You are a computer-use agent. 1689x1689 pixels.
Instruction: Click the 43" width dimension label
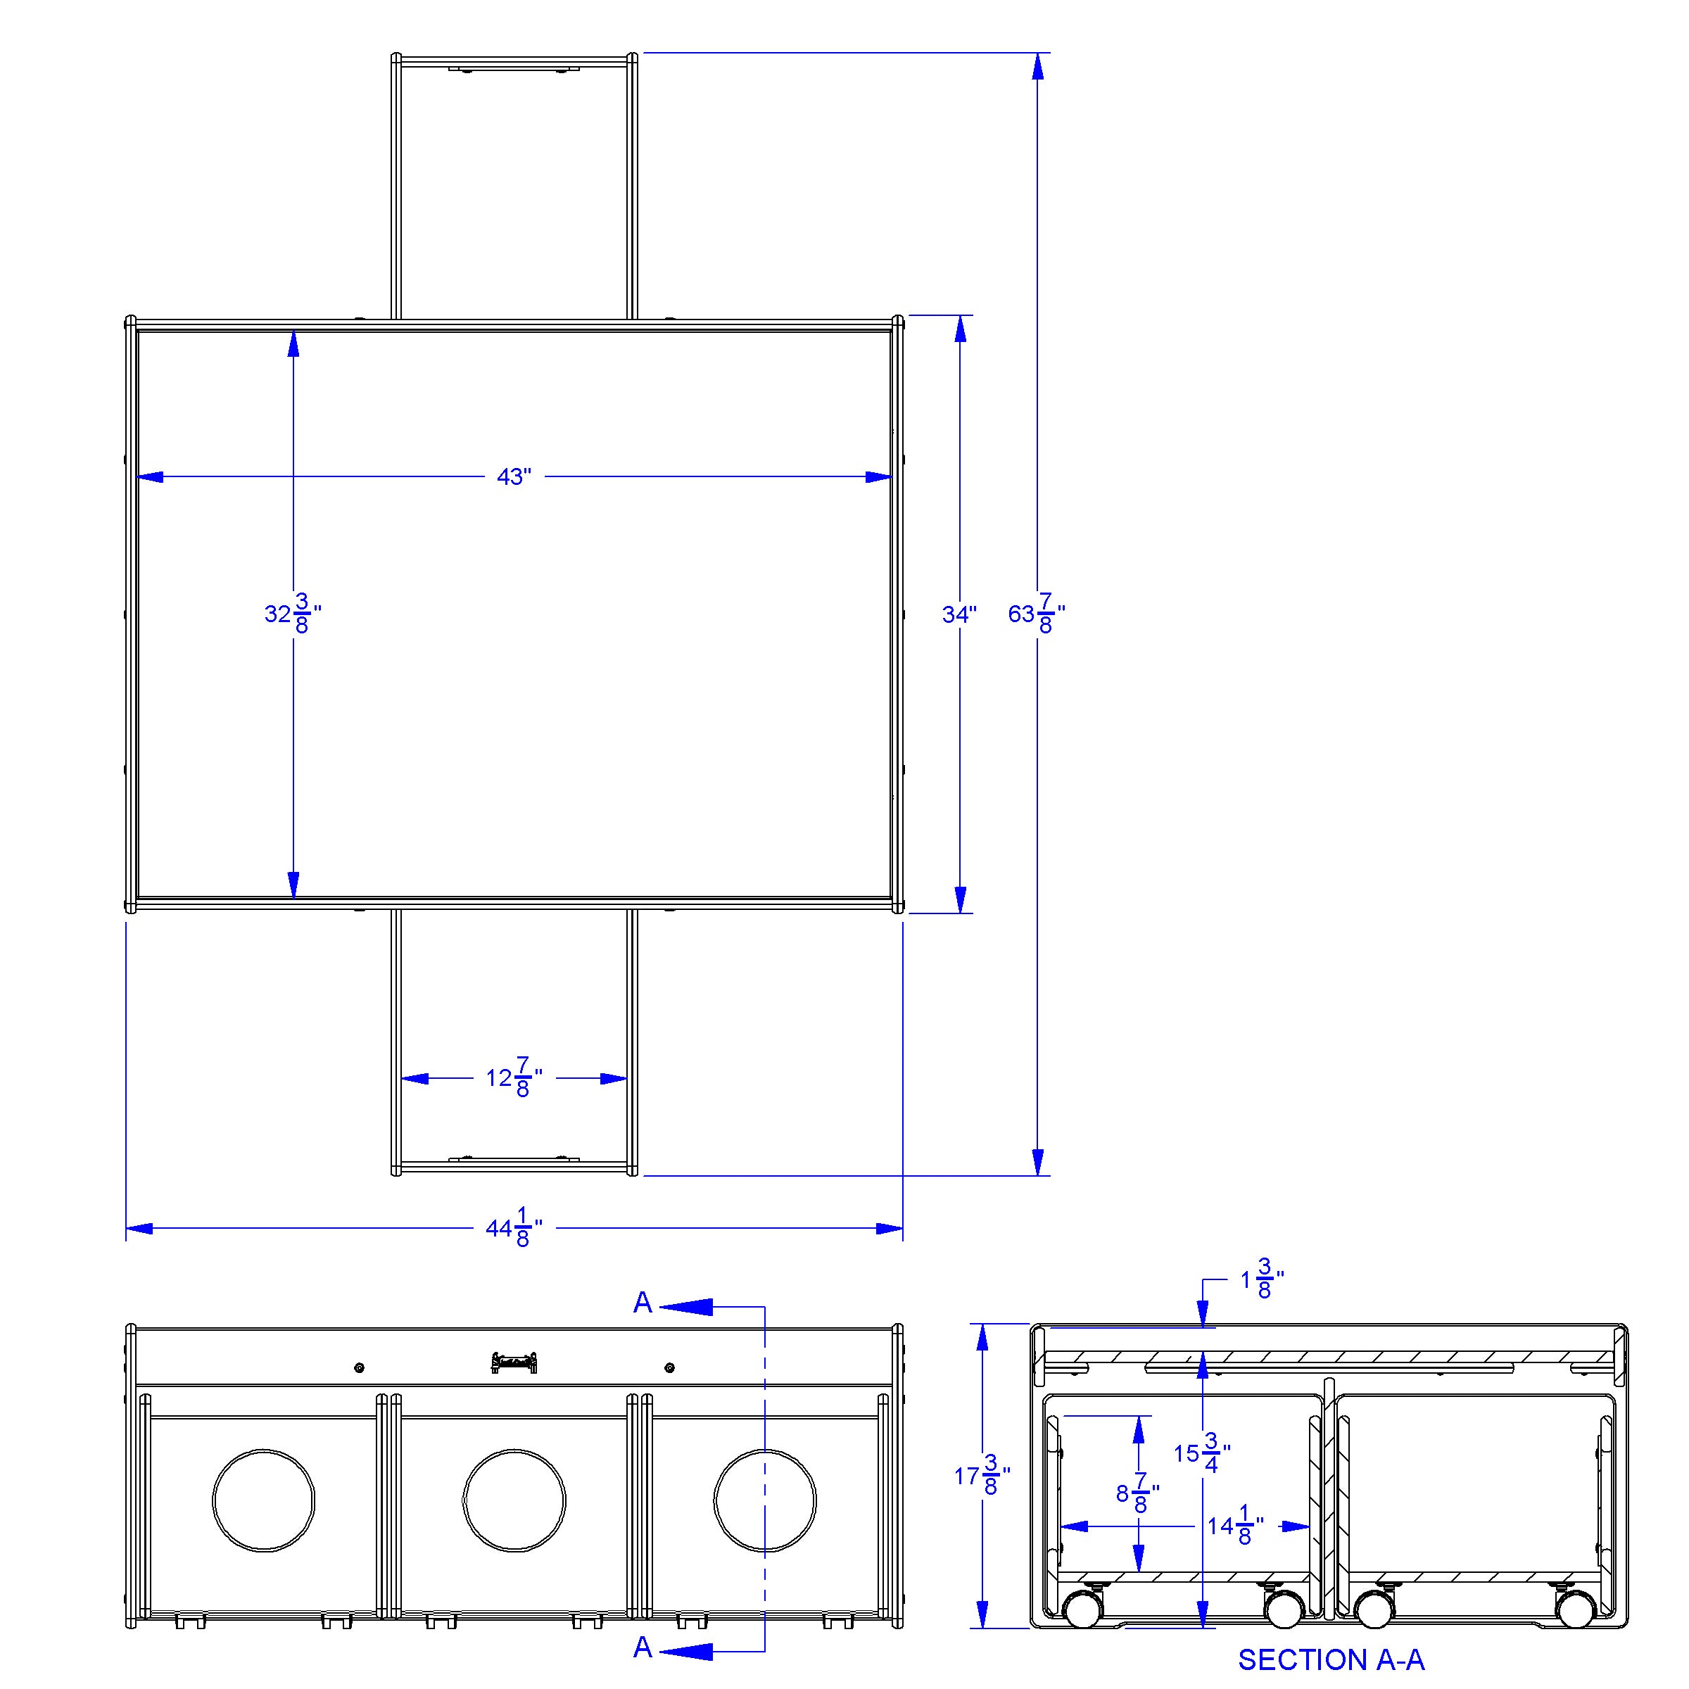(514, 477)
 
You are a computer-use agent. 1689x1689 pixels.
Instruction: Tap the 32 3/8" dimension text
(293, 613)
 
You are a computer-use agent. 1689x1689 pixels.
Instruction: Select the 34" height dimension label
(959, 614)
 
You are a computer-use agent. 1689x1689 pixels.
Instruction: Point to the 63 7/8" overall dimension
(1036, 613)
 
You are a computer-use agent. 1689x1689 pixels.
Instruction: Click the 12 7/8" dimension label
(514, 1078)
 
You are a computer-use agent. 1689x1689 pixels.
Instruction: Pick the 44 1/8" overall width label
(514, 1228)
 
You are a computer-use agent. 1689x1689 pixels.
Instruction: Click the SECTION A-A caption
(1331, 1659)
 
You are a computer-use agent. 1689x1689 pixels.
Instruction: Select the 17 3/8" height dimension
(982, 1501)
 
